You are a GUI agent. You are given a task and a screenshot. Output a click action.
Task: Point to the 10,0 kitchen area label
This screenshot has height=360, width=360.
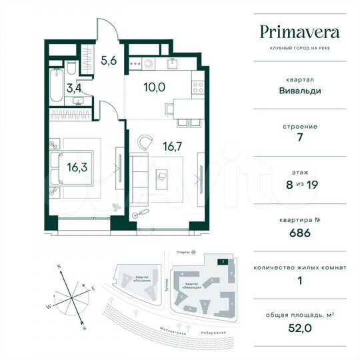click(x=154, y=86)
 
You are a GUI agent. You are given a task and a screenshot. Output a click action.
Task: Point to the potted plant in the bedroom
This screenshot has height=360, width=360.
click(x=118, y=206)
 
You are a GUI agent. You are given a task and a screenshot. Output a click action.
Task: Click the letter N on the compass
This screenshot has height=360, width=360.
click(x=59, y=267)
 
